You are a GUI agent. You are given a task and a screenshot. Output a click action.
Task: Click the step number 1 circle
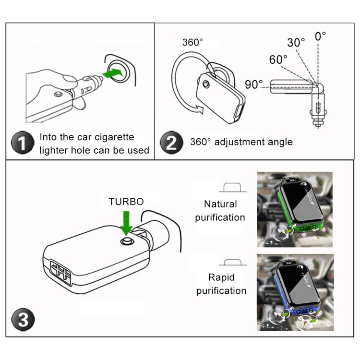(x=23, y=143)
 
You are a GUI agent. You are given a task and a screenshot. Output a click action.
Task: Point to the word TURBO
(x=126, y=202)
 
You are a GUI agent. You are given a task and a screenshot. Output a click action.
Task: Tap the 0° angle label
(x=320, y=36)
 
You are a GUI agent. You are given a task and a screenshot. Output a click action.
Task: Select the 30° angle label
(x=296, y=42)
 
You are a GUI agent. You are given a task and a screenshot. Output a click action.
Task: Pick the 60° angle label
(x=278, y=60)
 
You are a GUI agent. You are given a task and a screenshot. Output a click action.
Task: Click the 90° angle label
(x=254, y=84)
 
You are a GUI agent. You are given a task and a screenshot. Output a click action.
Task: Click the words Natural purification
(x=220, y=211)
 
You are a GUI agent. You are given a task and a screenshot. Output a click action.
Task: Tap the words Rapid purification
(x=221, y=284)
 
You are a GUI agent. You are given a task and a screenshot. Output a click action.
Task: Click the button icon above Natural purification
(x=232, y=188)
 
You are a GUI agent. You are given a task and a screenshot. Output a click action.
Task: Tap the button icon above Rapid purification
(x=232, y=262)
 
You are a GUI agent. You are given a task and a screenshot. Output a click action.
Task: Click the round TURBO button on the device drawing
(x=127, y=240)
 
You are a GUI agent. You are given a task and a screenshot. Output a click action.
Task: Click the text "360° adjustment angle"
(x=241, y=142)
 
